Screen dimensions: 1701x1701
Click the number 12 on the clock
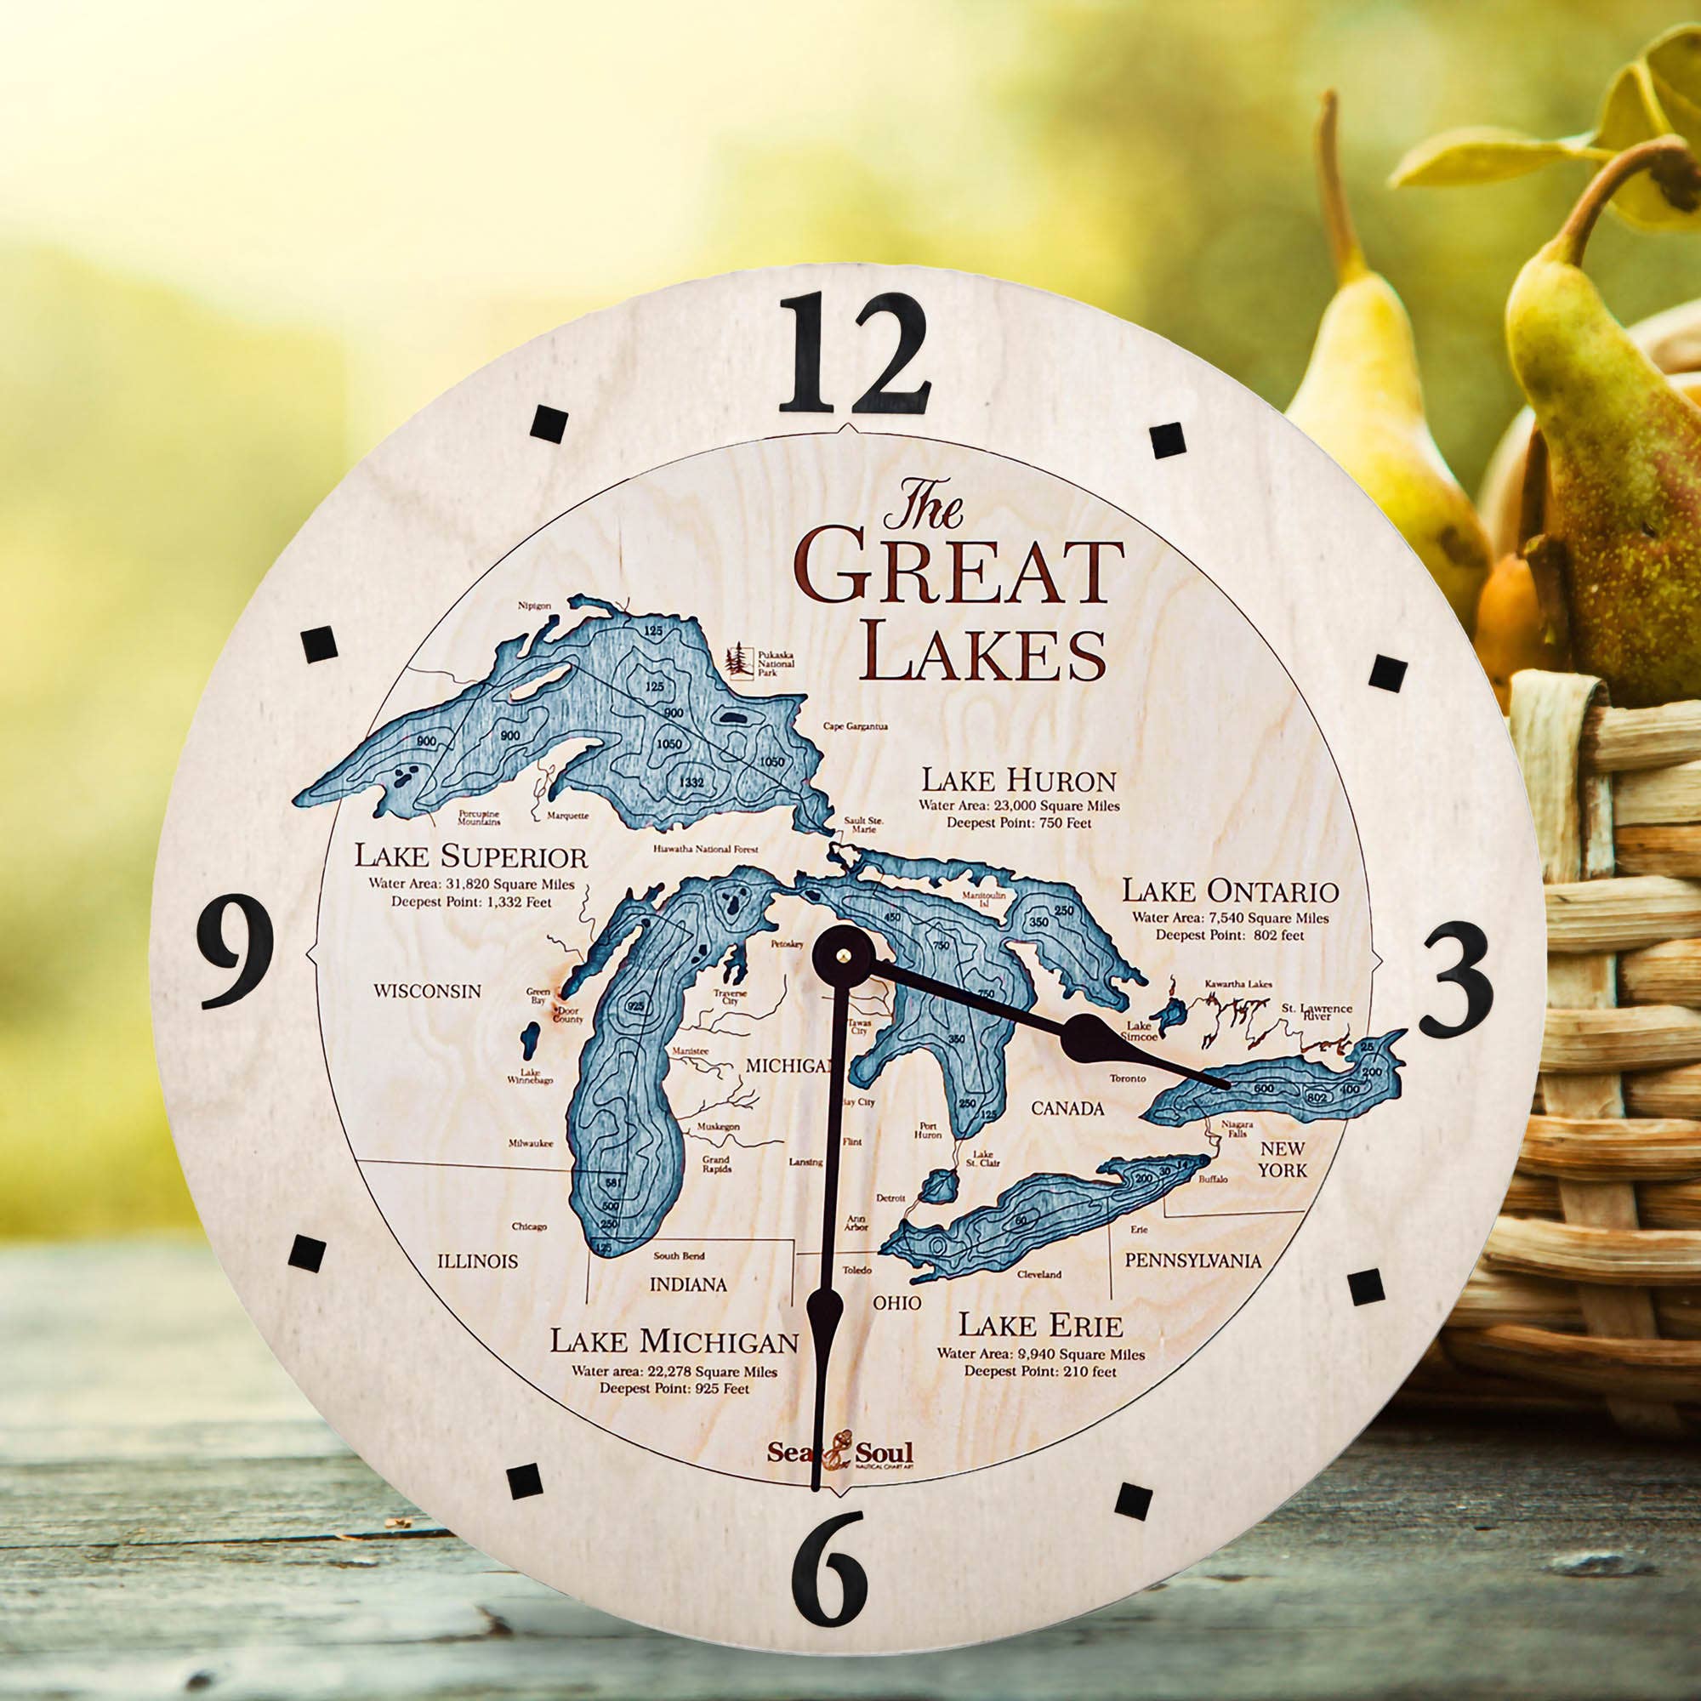[x=853, y=355]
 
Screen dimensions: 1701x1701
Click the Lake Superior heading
[x=470, y=856]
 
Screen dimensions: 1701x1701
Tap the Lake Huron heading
[x=1019, y=780]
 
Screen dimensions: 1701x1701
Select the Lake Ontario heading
[x=1229, y=891]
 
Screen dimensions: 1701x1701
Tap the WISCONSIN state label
[x=427, y=991]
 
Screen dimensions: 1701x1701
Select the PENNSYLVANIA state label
[x=1192, y=1260]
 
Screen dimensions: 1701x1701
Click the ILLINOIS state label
[x=477, y=1260]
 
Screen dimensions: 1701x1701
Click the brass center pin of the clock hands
[x=845, y=953]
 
